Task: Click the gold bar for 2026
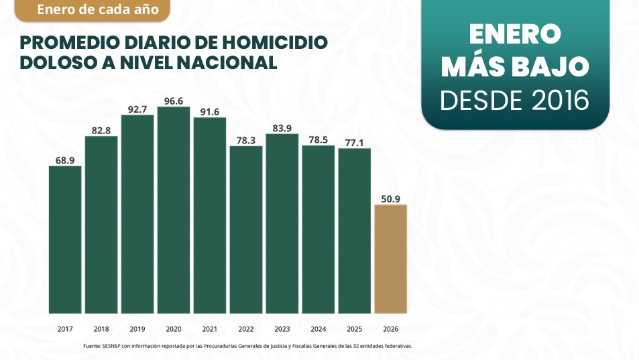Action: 390,258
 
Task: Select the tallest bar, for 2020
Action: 174,209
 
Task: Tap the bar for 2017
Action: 65,239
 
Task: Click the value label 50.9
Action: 390,198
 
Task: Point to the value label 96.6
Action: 174,101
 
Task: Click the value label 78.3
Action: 246,140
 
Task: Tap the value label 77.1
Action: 355,142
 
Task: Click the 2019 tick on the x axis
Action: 137,329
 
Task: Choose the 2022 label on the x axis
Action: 246,329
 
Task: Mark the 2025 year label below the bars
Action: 355,329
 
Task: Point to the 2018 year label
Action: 101,329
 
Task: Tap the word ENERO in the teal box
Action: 515,35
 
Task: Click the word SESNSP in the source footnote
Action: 111,346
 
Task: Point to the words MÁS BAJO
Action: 515,66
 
